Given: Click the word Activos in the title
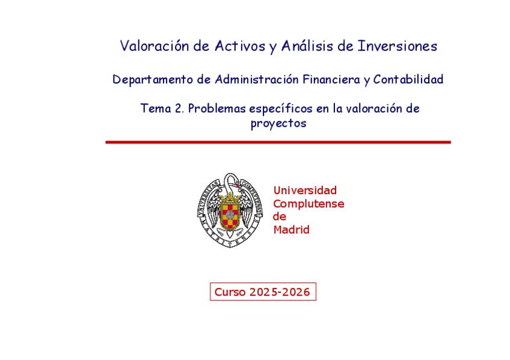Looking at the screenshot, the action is (x=240, y=46).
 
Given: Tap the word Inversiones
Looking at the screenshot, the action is (x=397, y=46).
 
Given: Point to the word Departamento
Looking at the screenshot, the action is (x=153, y=79).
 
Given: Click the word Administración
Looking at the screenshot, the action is (x=257, y=79).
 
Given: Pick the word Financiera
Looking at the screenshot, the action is (x=331, y=79).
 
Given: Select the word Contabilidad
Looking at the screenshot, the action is (x=408, y=79).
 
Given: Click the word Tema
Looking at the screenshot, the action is (x=156, y=108).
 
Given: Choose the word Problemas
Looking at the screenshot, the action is (x=217, y=109).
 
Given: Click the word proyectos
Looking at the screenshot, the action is (x=278, y=123).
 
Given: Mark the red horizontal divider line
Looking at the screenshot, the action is (x=278, y=142).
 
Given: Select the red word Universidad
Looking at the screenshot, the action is (x=305, y=190).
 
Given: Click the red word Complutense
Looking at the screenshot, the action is (x=309, y=204).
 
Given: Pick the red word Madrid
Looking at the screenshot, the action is (x=292, y=230).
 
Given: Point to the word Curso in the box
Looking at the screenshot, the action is (x=230, y=291).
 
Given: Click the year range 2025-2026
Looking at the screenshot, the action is (x=280, y=291).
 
